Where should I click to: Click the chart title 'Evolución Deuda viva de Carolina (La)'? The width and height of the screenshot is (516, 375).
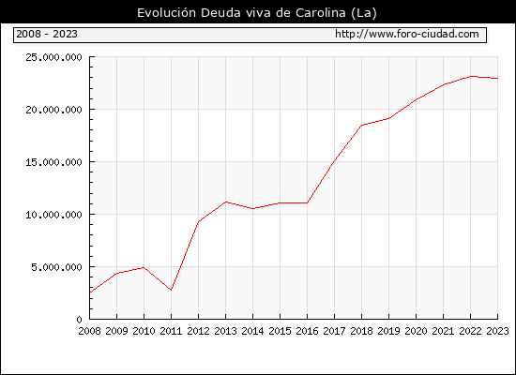257,13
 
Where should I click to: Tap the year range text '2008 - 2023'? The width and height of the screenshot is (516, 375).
47,34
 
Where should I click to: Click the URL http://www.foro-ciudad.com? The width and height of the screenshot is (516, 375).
407,34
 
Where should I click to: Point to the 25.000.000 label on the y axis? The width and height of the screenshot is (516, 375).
53,57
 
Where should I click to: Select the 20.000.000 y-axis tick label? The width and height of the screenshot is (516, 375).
53,110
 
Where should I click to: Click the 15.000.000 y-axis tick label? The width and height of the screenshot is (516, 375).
53,162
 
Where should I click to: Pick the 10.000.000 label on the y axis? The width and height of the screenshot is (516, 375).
53,215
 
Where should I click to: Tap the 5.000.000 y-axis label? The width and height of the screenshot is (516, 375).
56,267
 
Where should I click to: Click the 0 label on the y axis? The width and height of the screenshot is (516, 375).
80,320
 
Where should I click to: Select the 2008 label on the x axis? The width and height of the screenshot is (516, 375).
89,331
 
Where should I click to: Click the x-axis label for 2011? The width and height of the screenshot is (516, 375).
171,331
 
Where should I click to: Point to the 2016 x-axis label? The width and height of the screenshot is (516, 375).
307,331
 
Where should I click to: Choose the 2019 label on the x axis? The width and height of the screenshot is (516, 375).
388,331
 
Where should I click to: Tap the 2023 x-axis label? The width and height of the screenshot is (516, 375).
497,331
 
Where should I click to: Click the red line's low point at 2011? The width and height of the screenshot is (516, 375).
171,290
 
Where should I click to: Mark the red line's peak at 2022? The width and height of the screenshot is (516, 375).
471,76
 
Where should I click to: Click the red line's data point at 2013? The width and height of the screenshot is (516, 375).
226,202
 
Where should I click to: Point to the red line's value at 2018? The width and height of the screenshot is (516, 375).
361,125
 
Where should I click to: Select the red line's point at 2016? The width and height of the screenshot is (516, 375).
307,202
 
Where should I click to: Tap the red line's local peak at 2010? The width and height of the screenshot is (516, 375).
144,267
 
